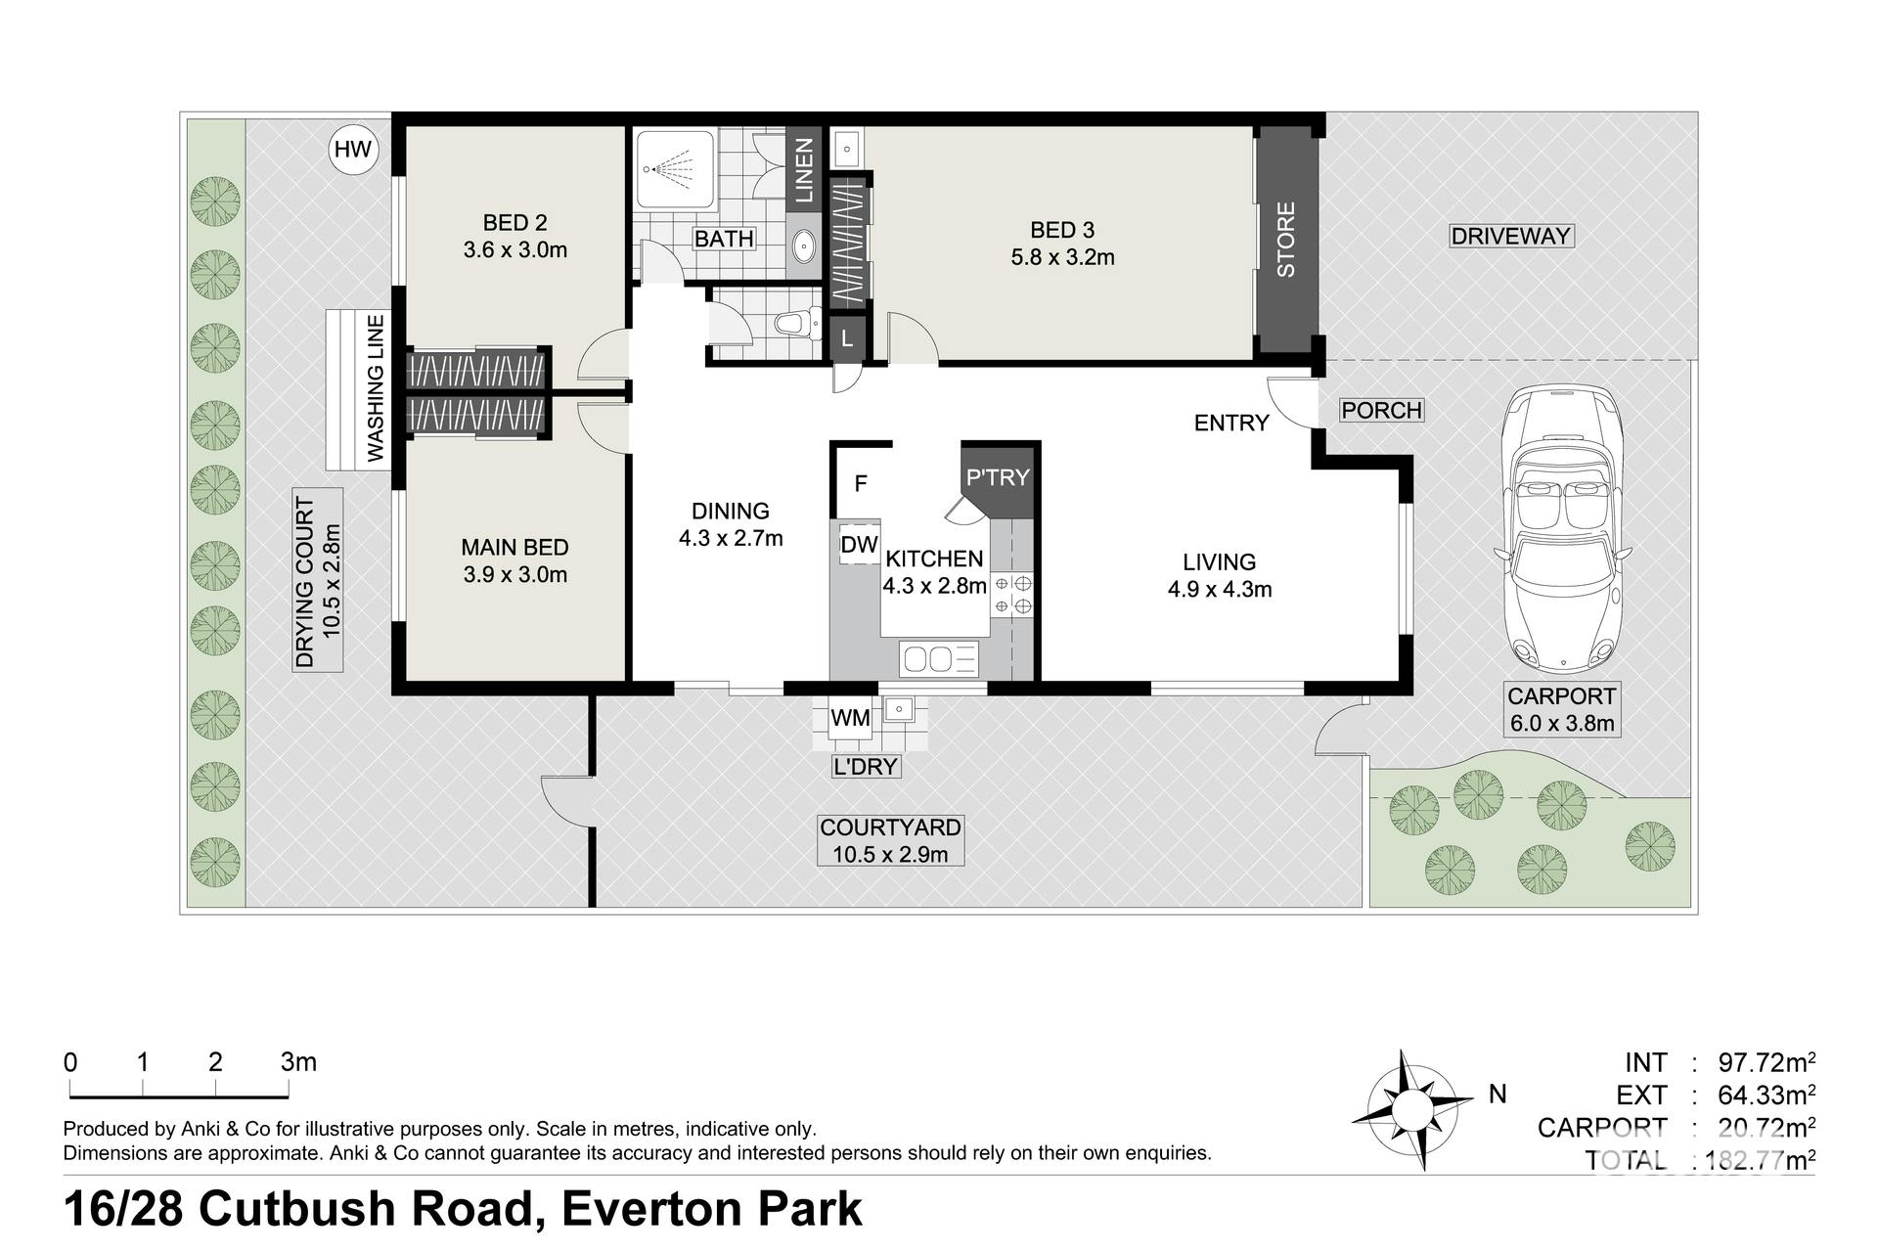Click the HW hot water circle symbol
point(353,150)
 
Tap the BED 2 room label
point(514,223)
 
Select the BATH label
point(724,239)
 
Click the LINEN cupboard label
point(804,170)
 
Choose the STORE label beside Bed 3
point(1285,240)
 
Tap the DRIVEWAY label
point(1511,236)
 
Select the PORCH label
point(1381,410)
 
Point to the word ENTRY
point(1231,423)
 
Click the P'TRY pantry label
point(998,477)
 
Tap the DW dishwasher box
point(860,545)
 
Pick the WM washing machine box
point(850,718)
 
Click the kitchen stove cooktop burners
point(1012,595)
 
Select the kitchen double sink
point(939,659)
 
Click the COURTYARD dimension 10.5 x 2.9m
point(890,854)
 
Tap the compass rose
point(1410,1110)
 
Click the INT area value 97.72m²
point(1766,1062)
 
